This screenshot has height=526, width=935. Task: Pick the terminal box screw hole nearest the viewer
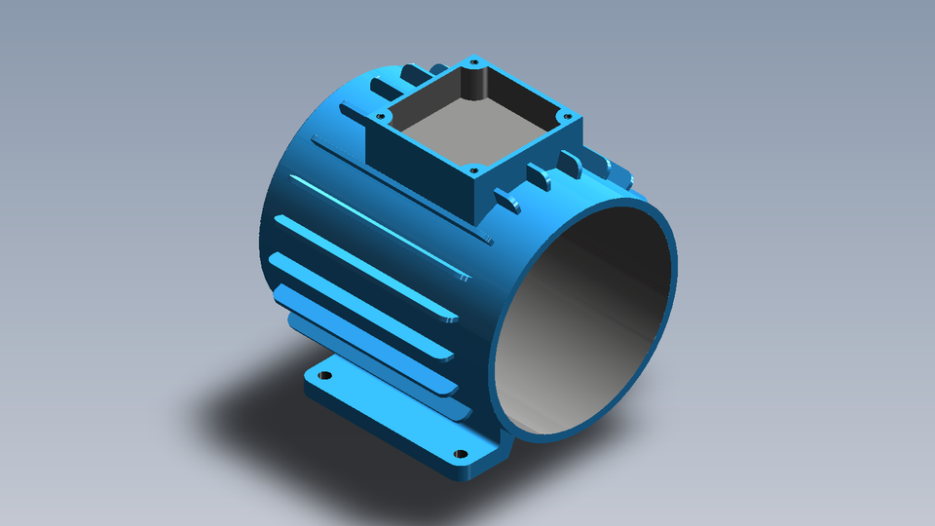click(x=472, y=171)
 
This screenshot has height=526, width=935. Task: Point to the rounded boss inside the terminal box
click(x=475, y=84)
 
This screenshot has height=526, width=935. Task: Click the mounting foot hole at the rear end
click(x=325, y=375)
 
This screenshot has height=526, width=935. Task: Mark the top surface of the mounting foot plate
click(x=390, y=409)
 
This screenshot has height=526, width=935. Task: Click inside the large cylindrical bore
click(x=584, y=321)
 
